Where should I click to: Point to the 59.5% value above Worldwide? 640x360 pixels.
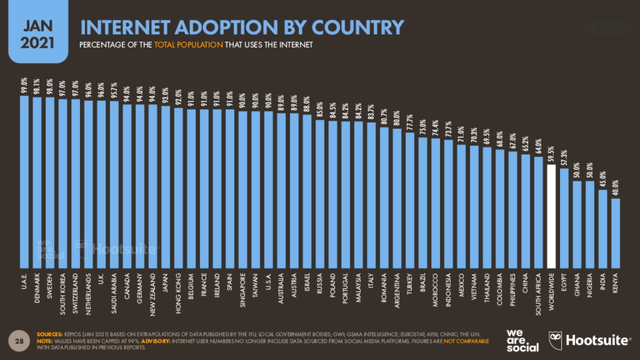pos(550,153)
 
